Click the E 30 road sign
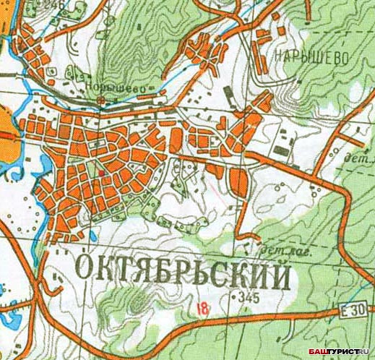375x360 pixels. pyautogui.click(x=353, y=310)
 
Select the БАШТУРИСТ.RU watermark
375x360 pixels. pyautogui.click(x=340, y=352)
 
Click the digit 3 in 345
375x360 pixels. pyautogui.click(x=243, y=298)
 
